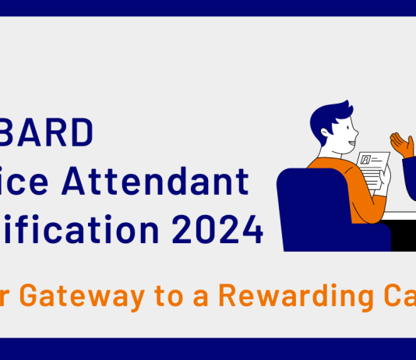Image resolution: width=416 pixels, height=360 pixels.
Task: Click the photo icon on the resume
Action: [365, 159]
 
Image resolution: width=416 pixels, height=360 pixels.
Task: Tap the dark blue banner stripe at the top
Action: [208, 8]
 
